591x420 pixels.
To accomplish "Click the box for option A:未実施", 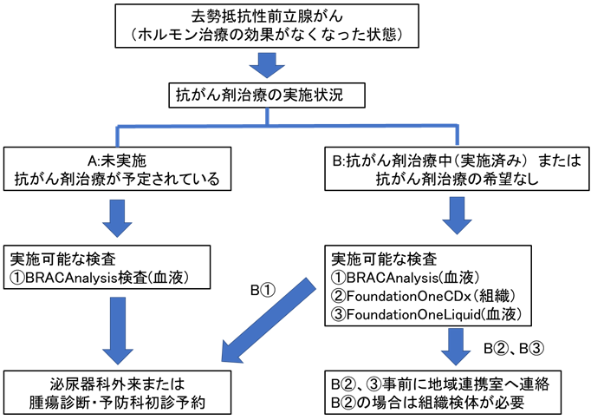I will click(x=119, y=169).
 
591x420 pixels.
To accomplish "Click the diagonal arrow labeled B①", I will click(x=264, y=317).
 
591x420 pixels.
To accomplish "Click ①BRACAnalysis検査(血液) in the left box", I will click(x=102, y=279).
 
